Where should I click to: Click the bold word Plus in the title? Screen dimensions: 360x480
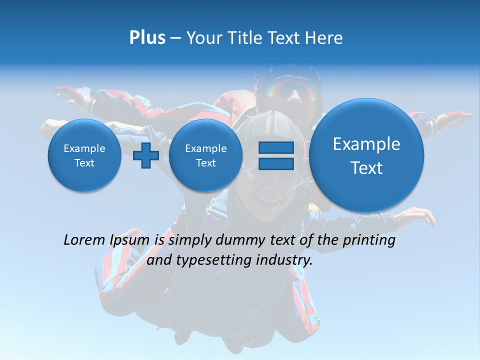tap(147, 38)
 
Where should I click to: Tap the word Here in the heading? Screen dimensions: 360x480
tap(324, 38)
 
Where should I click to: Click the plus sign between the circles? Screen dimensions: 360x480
tap(146, 155)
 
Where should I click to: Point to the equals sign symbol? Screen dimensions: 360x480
tap(276, 155)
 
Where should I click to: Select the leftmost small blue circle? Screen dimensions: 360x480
tap(84, 155)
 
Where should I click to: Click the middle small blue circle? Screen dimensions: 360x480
tap(205, 155)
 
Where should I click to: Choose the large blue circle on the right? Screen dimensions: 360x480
tap(366, 155)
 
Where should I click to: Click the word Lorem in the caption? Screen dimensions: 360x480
tap(84, 240)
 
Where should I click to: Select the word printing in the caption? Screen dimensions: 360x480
tap(369, 240)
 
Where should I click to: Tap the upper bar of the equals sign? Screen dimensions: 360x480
tap(276, 147)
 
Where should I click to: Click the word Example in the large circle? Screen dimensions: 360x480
tap(366, 144)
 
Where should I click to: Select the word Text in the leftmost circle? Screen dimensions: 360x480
tap(84, 163)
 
